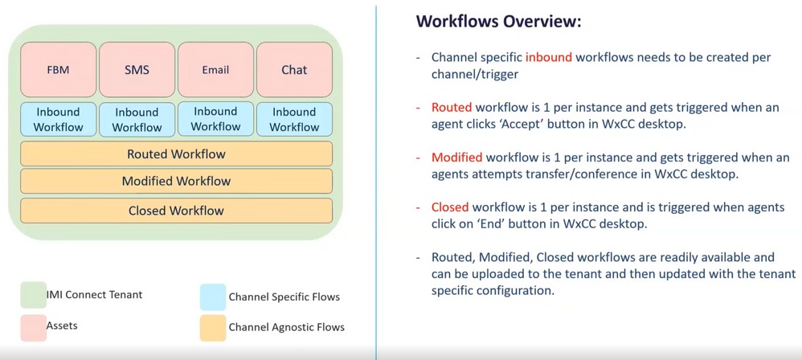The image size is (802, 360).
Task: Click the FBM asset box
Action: coord(59,70)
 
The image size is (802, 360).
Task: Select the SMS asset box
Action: coord(137,70)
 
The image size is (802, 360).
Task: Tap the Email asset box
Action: coord(215,70)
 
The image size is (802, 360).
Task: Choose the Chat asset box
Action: coord(294,70)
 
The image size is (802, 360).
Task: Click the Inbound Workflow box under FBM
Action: coord(59,119)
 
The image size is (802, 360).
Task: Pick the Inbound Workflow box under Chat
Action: coord(294,119)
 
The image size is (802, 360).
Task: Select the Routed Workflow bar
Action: coord(176,153)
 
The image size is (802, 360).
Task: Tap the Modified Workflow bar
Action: coord(176,182)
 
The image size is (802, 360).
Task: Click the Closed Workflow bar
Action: coord(176,211)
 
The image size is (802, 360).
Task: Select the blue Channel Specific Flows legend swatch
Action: coord(211,297)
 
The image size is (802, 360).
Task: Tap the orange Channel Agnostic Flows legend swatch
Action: coord(211,327)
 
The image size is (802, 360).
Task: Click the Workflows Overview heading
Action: coord(498,22)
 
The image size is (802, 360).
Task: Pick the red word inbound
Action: coord(550,58)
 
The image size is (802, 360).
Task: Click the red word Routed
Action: coord(452,107)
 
